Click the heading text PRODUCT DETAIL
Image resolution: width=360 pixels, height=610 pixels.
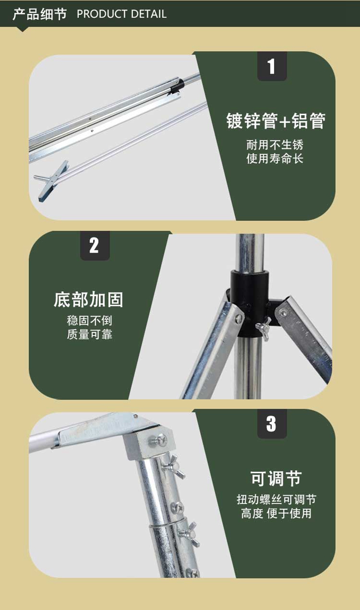[121, 14]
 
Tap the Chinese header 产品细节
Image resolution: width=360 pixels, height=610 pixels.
[40, 14]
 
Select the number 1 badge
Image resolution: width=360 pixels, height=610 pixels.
[272, 66]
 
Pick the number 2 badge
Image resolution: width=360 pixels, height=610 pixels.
[95, 246]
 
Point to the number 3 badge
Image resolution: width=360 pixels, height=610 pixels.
[272, 424]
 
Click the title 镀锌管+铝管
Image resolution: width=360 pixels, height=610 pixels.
[275, 121]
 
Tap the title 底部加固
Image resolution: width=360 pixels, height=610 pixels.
[89, 300]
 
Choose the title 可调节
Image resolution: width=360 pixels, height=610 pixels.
[276, 479]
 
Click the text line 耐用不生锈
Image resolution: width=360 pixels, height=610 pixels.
[275, 145]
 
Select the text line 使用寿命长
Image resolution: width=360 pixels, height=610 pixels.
[275, 158]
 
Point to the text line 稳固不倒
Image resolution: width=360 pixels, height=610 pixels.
[90, 321]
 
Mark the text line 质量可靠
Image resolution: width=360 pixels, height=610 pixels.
[90, 334]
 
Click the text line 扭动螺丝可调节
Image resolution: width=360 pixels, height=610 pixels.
[276, 499]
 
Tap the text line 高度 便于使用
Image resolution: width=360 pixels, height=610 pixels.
[276, 513]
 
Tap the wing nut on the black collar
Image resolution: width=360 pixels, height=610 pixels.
[264, 327]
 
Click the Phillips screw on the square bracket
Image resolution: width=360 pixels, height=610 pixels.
[160, 440]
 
